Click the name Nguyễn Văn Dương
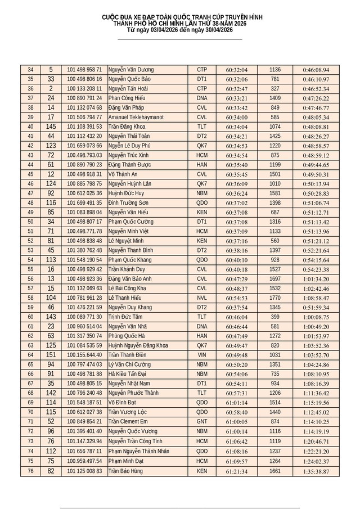pyautogui.click(x=130, y=70)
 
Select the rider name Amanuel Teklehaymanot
pyautogui.click(x=136, y=117)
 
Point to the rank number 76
pyautogui.click(x=30, y=471)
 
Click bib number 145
pyautogui.click(x=51, y=127)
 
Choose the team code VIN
pyautogui.click(x=202, y=355)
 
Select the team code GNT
pyautogui.click(x=202, y=421)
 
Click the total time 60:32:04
pyautogui.click(x=237, y=70)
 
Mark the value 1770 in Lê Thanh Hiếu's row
pyautogui.click(x=275, y=298)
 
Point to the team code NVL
pyautogui.click(x=202, y=298)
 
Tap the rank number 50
pyautogui.click(x=30, y=222)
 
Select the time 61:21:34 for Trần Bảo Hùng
pyautogui.click(x=237, y=471)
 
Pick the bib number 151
pyautogui.click(x=51, y=355)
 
